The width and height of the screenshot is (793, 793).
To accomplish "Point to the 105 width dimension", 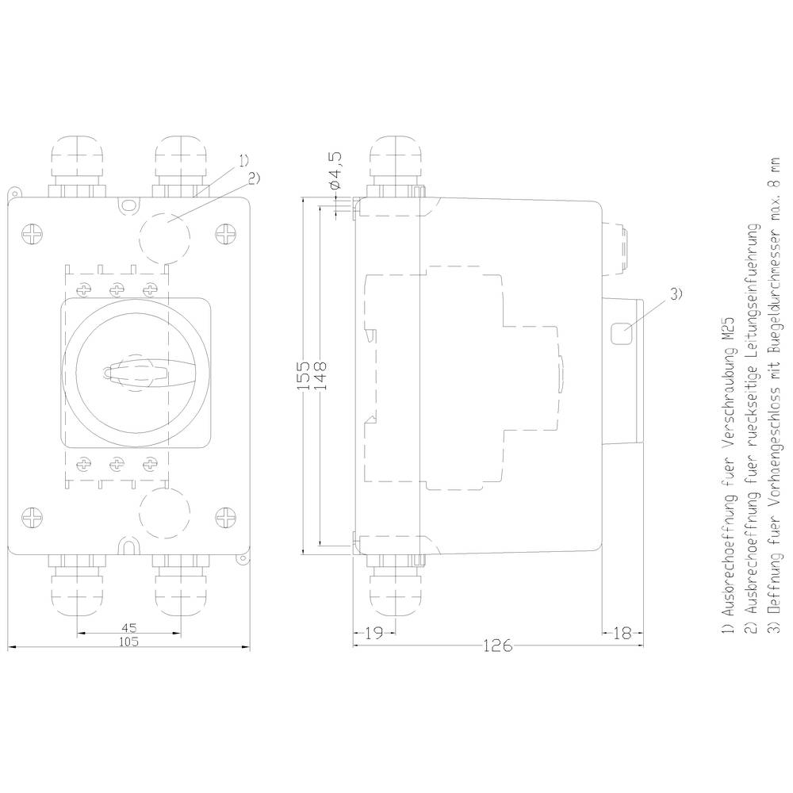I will (128, 642).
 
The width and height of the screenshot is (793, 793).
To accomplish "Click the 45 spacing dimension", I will (127, 627).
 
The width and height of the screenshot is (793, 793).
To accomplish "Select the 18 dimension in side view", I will (623, 632).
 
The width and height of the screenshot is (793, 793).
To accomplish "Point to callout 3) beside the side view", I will (675, 296).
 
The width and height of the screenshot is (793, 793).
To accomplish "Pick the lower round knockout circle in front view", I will (166, 513).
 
